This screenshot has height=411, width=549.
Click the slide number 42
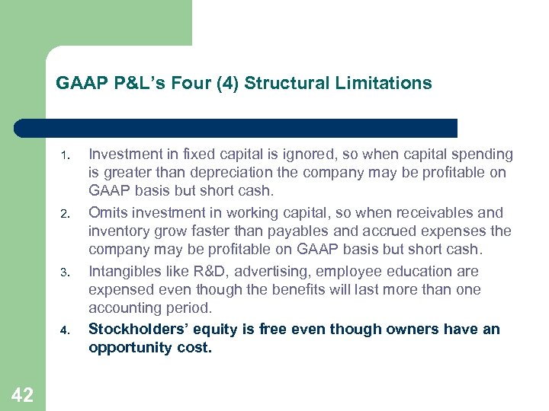(x=22, y=394)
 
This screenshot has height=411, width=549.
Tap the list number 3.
(x=66, y=273)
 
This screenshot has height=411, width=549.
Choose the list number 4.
(x=66, y=331)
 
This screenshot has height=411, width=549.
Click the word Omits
(x=108, y=212)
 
